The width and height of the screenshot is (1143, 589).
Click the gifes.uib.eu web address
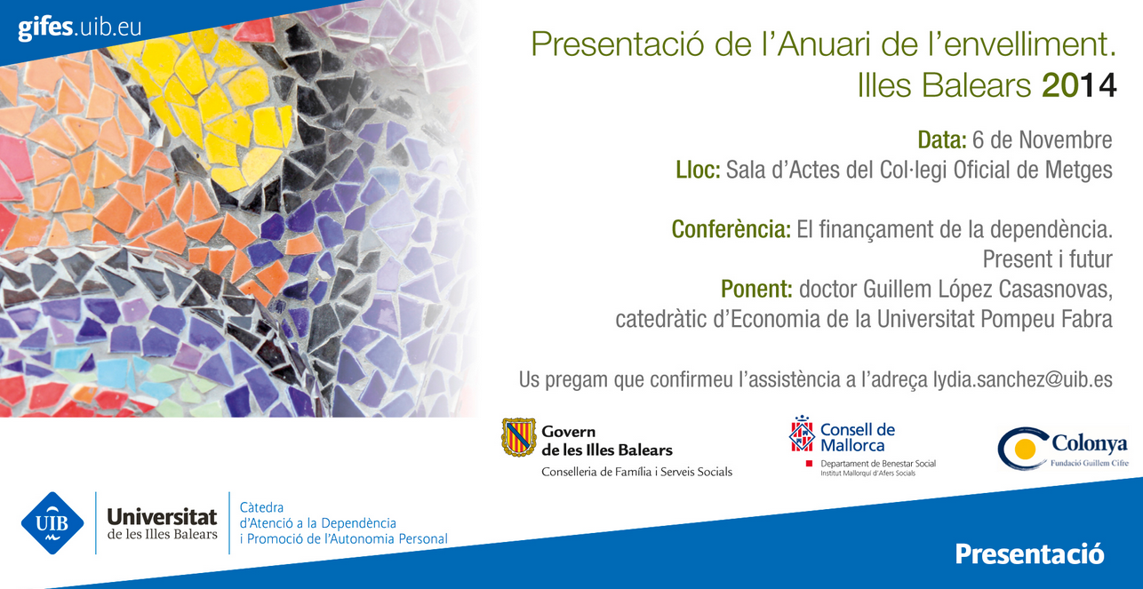tap(80, 28)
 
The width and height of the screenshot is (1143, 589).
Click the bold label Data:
tap(942, 139)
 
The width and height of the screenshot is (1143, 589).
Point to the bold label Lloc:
tap(698, 170)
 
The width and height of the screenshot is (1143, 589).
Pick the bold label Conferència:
tap(731, 229)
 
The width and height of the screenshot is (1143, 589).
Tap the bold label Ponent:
tap(756, 289)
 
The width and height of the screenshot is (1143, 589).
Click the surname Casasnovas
tap(1055, 290)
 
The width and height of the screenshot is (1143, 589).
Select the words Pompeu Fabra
tap(1046, 319)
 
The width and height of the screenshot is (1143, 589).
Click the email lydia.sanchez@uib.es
tap(1023, 380)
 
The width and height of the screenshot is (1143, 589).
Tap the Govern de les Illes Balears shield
tap(518, 437)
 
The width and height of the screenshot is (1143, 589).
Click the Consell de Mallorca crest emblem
tap(802, 434)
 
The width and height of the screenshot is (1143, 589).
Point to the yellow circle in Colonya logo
tap(1025, 449)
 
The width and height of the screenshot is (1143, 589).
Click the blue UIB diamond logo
tap(52, 522)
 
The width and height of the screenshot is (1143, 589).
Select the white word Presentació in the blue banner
tap(1030, 554)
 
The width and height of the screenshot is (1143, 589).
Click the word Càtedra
tap(261, 507)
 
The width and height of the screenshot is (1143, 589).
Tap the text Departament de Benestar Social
tap(878, 464)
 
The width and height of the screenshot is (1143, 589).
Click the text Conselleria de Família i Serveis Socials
tap(636, 473)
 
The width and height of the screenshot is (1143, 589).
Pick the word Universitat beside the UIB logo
tap(162, 517)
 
